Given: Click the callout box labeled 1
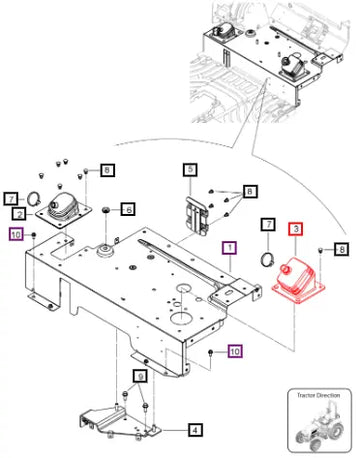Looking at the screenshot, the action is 230,248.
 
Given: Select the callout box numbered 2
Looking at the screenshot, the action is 20,214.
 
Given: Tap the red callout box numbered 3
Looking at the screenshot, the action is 296,229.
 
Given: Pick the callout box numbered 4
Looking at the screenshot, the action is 195,430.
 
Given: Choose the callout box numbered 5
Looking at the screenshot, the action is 190,169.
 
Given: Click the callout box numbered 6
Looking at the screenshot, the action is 128,209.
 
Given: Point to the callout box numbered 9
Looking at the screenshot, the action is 141,377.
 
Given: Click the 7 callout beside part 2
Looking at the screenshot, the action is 11,199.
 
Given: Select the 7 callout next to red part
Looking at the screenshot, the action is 268,225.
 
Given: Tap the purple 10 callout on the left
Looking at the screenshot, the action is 16,234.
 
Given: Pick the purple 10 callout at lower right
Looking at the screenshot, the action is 235,351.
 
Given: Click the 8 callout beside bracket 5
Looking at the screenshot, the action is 250,192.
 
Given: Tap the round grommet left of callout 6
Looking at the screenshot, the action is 106,210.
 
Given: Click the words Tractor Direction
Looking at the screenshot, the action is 318,395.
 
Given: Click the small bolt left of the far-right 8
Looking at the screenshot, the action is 320,250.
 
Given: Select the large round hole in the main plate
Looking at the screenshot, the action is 182,317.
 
